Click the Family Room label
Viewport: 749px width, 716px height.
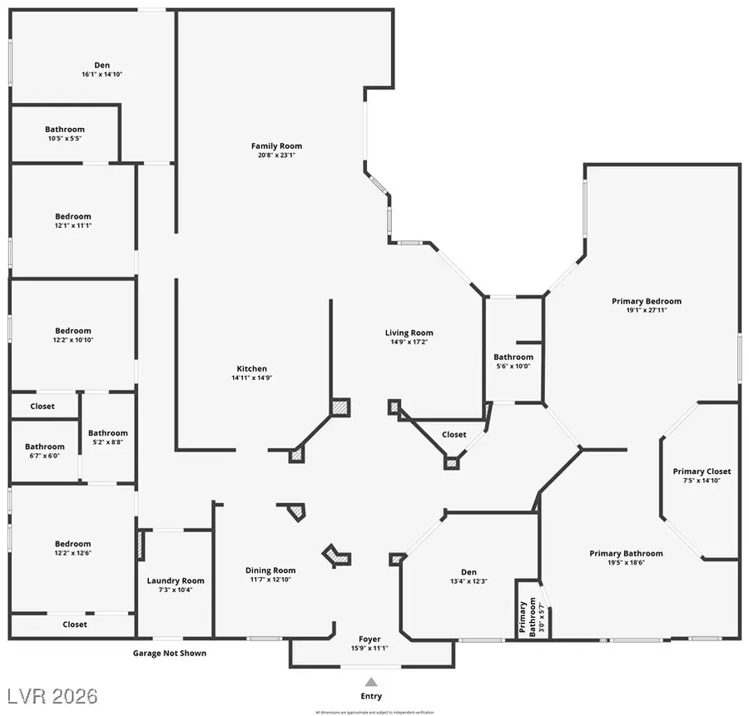point(276,146)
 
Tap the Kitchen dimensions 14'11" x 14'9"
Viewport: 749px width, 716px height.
point(251,378)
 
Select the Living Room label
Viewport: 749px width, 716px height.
point(409,333)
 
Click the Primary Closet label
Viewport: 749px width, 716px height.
point(701,472)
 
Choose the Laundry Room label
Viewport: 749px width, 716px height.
point(176,580)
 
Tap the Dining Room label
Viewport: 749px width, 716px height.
point(270,570)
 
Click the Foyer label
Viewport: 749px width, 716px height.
point(370,639)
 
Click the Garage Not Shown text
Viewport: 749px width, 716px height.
point(170,653)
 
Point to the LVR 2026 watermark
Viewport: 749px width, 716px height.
point(52,694)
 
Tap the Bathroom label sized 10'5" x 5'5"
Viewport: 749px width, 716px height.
point(64,129)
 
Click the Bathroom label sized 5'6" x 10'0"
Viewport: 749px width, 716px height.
point(513,357)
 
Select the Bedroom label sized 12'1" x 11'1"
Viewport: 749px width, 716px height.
point(73,216)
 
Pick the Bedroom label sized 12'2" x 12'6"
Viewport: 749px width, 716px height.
point(73,544)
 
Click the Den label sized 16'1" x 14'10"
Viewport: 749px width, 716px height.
point(102,65)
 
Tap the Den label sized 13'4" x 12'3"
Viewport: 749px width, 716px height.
point(469,571)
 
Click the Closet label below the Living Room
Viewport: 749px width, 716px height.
point(454,434)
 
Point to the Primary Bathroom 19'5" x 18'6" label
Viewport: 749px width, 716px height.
point(626,553)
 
